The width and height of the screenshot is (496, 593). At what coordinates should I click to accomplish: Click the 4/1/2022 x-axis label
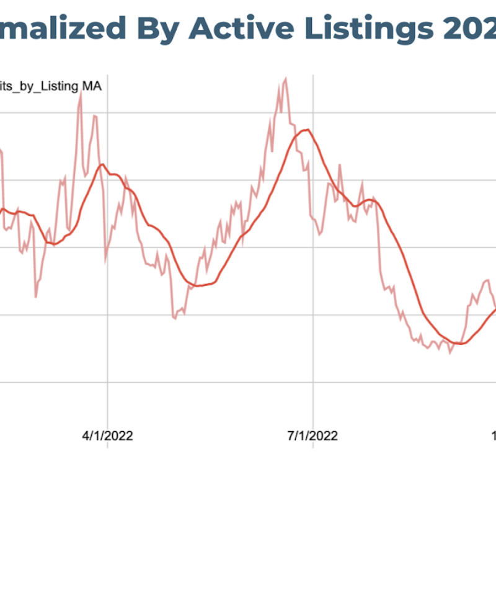click(x=107, y=435)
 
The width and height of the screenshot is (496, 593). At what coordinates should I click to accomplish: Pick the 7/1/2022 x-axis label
click(x=312, y=435)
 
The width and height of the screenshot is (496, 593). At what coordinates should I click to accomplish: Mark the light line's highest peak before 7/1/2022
click(x=285, y=79)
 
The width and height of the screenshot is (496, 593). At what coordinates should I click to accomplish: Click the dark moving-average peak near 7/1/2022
click(x=305, y=130)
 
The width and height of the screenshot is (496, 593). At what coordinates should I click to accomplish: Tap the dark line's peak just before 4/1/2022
click(x=102, y=164)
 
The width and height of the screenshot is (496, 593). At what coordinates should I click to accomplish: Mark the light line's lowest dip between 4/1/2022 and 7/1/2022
click(x=175, y=318)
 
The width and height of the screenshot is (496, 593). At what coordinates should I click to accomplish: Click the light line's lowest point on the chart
click(x=450, y=353)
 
